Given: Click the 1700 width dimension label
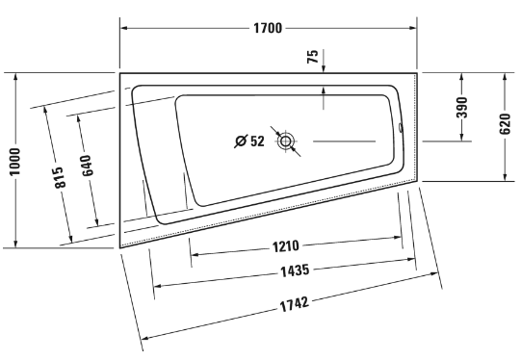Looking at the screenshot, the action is pyautogui.click(x=268, y=28).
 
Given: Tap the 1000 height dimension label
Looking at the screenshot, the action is pyautogui.click(x=14, y=162).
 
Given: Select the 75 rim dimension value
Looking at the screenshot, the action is pyautogui.click(x=313, y=56).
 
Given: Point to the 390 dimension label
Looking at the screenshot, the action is pyautogui.click(x=462, y=107).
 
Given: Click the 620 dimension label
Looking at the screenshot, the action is pyautogui.click(x=505, y=124).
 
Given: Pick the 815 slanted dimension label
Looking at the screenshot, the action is pyautogui.click(x=59, y=177).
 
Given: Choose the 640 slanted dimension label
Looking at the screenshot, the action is pyautogui.click(x=87, y=166).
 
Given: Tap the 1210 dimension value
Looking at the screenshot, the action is pyautogui.click(x=286, y=246).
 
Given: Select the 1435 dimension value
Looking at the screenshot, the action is pyautogui.click(x=295, y=270).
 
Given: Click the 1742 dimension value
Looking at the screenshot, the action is pyautogui.click(x=295, y=304).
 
